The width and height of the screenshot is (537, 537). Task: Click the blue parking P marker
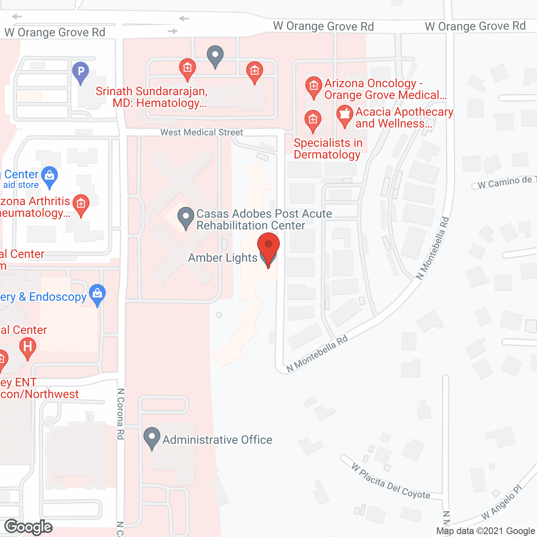[81, 72]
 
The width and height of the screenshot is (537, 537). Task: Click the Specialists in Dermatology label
[328, 149]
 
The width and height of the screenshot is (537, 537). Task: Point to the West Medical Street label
[202, 132]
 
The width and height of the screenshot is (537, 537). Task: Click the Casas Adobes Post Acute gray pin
[185, 218]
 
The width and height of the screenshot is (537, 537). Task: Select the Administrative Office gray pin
[152, 438]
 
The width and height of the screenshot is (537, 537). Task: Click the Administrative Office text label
[217, 440]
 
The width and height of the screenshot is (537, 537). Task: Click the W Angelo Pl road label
[501, 502]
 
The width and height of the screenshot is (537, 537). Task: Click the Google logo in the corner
[29, 527]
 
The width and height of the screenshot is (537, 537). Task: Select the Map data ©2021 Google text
[485, 531]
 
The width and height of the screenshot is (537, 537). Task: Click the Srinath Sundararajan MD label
[152, 97]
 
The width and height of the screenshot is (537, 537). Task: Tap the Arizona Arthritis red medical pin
[81, 204]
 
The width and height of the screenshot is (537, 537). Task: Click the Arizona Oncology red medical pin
[313, 87]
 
